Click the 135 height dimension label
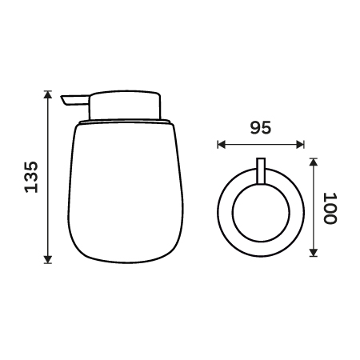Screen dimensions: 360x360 point(31,177)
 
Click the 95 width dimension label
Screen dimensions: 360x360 point(261,127)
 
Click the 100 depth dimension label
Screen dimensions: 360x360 point(330,208)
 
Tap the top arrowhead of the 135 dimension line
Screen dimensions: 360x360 point(48,94)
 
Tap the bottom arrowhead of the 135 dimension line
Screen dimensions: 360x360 point(48,259)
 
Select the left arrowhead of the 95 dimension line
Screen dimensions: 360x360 point(222,145)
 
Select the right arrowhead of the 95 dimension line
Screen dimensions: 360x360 point(300,145)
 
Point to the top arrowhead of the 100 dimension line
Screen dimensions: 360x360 point(314,162)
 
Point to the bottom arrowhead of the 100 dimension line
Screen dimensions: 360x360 point(314,253)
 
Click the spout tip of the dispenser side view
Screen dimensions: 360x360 point(63,100)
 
